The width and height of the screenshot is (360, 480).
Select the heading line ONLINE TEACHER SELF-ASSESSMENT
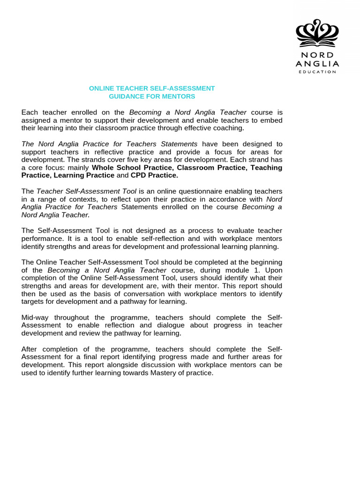[x=152, y=88]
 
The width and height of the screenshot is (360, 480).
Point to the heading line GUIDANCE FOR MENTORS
[x=152, y=97]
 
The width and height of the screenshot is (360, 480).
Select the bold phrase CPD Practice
[x=154, y=175]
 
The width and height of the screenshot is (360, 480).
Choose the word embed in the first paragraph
[x=273, y=120]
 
